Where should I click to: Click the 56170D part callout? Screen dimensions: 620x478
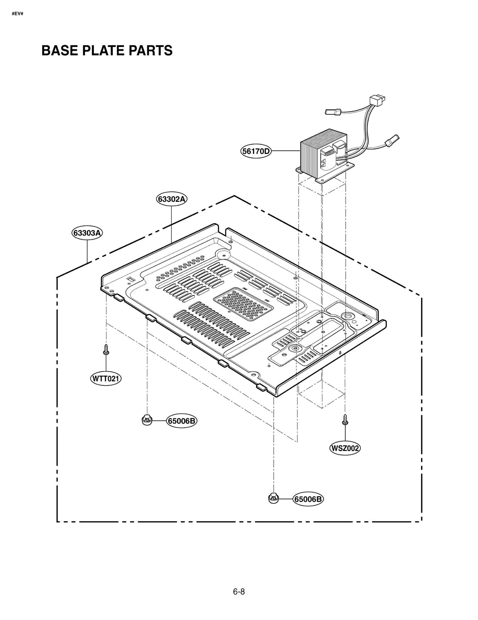pyautogui.click(x=256, y=151)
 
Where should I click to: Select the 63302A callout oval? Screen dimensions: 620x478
pyautogui.click(x=171, y=199)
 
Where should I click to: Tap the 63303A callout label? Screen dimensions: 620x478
pyautogui.click(x=87, y=233)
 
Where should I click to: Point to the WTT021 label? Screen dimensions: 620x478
pyautogui.click(x=106, y=379)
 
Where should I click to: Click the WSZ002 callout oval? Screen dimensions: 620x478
pyautogui.click(x=345, y=457)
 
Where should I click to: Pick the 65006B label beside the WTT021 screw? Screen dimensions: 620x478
pyautogui.click(x=182, y=421)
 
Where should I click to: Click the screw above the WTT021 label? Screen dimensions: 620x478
pyautogui.click(x=106, y=350)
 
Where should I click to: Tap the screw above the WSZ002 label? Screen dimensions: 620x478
pyautogui.click(x=345, y=419)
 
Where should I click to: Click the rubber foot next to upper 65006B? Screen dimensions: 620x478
pyautogui.click(x=147, y=420)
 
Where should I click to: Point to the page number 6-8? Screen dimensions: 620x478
pyautogui.click(x=239, y=592)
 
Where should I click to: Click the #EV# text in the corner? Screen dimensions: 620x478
pyautogui.click(x=17, y=14)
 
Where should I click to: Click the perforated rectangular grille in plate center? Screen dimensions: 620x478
pyautogui.click(x=243, y=304)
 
